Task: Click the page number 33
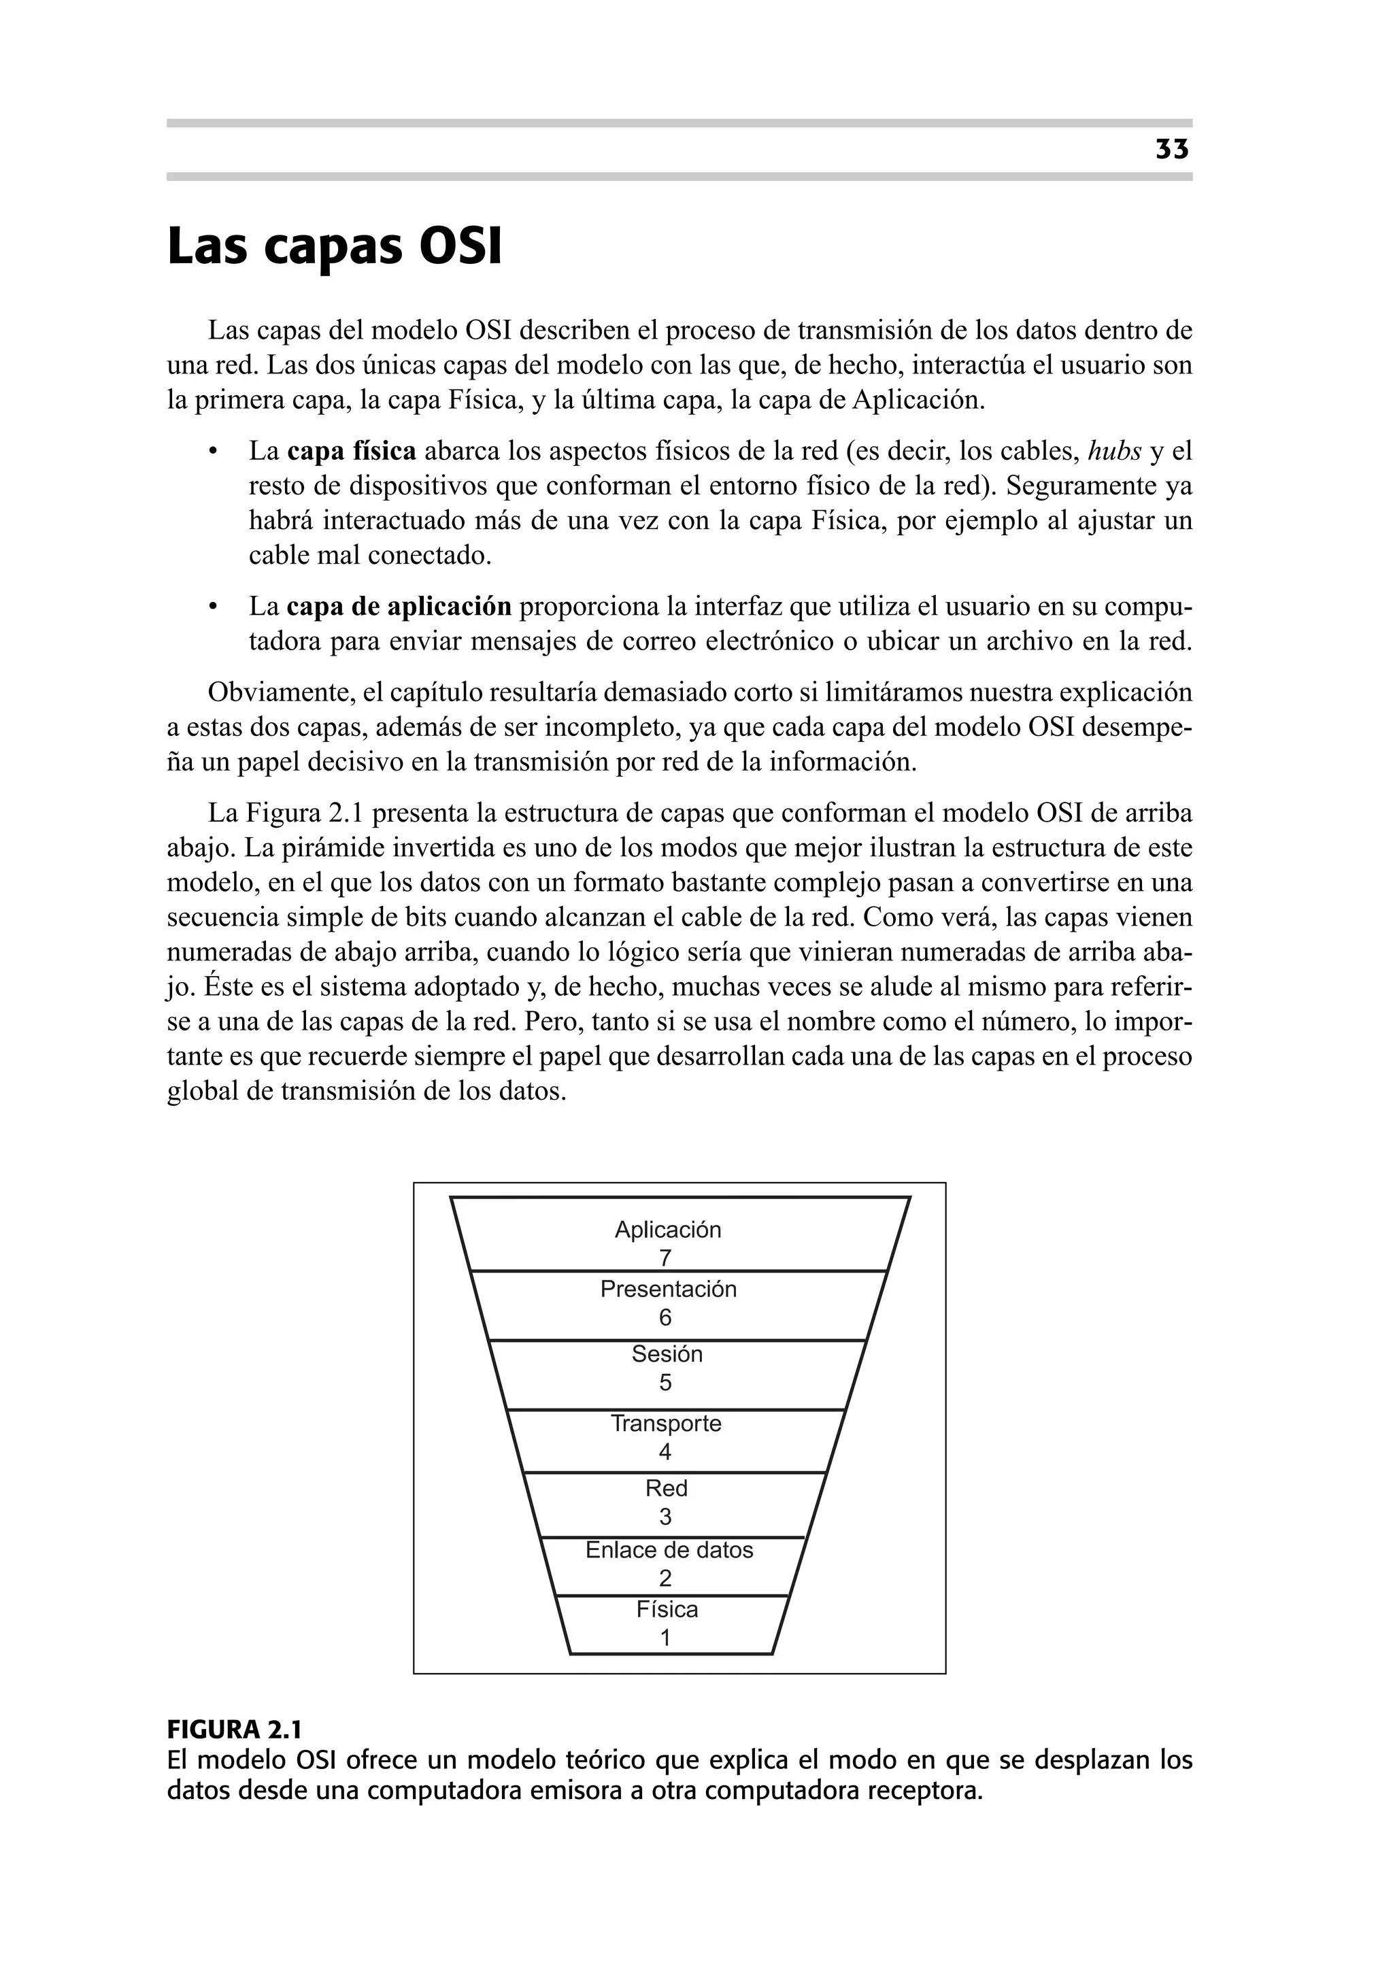click(x=1172, y=150)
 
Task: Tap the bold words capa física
click(x=351, y=451)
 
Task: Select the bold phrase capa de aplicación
click(x=398, y=607)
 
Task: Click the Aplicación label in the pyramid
click(x=667, y=1230)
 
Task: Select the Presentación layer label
click(x=668, y=1289)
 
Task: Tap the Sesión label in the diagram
click(x=667, y=1354)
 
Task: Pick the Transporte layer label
click(x=666, y=1424)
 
